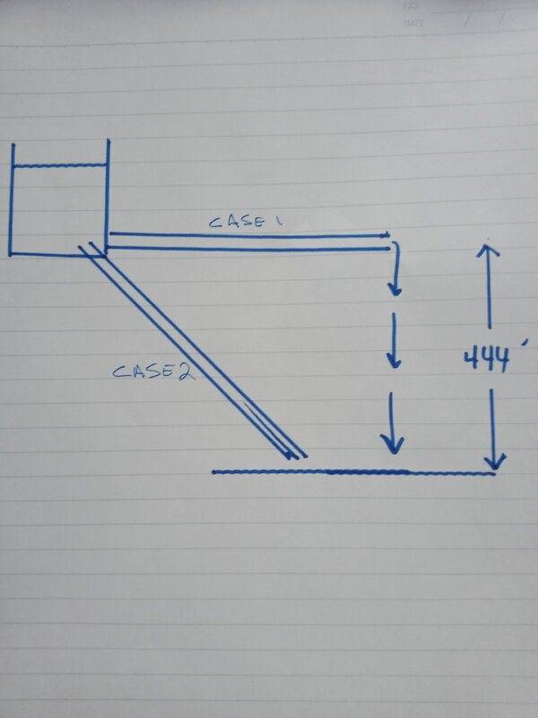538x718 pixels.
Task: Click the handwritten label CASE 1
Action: tap(245, 222)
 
